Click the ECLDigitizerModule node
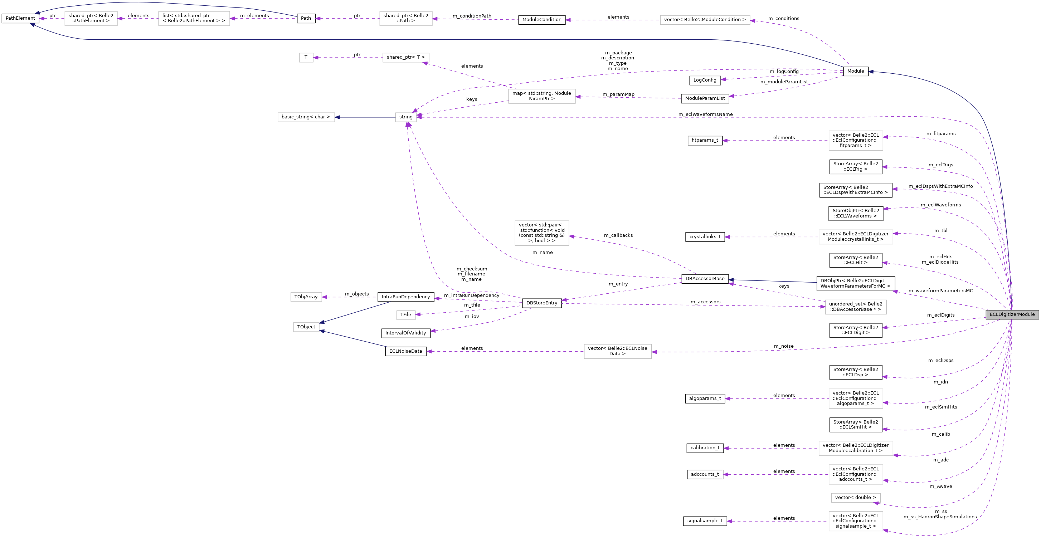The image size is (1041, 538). [1012, 314]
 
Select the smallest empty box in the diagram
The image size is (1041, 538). [306, 58]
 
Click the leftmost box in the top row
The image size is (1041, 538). [91, 19]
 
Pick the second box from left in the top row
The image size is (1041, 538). [194, 19]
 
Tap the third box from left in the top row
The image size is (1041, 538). [406, 19]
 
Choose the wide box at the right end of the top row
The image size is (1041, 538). [705, 20]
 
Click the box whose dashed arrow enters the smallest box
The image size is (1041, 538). [406, 58]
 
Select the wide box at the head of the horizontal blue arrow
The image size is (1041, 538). [306, 117]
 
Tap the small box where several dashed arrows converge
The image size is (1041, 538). [406, 117]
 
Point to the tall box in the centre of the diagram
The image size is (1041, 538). [541, 233]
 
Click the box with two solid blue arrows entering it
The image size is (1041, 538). [306, 327]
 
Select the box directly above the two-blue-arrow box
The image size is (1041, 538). [306, 297]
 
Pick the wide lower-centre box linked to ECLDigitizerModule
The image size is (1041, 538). [618, 351]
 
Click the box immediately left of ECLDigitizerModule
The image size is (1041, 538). [856, 307]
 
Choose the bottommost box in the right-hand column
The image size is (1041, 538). [856, 521]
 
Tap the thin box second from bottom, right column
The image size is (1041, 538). [856, 498]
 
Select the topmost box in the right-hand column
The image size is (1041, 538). [856, 141]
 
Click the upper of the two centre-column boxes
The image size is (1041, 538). [541, 96]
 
